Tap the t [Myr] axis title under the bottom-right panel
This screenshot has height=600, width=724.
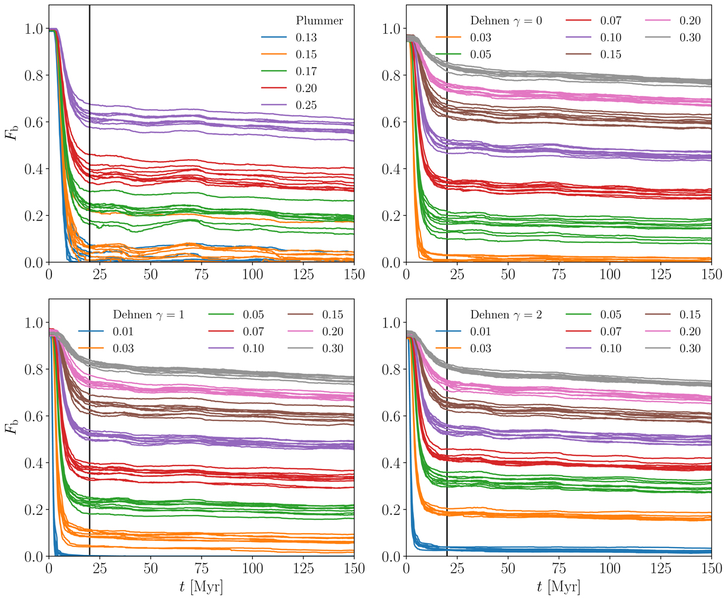click(x=559, y=586)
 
